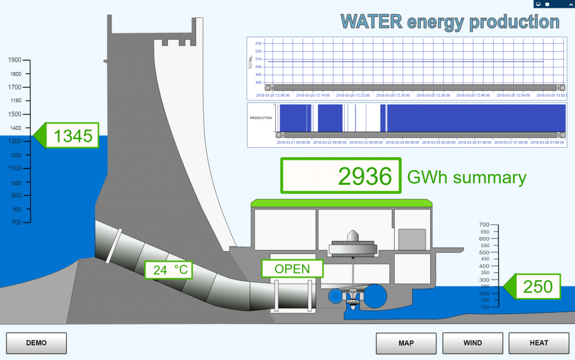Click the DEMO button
pyautogui.click(x=36, y=343)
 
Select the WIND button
pyautogui.click(x=472, y=343)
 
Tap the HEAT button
pyautogui.click(x=539, y=343)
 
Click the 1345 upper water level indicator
pyautogui.click(x=72, y=136)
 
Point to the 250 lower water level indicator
pyautogui.click(x=537, y=286)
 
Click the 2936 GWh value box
pyautogui.click(x=341, y=176)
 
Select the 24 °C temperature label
pyautogui.click(x=169, y=270)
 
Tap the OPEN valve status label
pyautogui.click(x=292, y=268)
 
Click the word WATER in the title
pyautogui.click(x=371, y=22)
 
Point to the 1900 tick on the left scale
pyautogui.click(x=15, y=60)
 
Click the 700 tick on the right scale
pyautogui.click(x=483, y=225)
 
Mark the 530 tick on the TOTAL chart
pyautogui.click(x=258, y=43)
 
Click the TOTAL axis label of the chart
pyautogui.click(x=251, y=63)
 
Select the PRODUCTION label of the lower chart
pyautogui.click(x=261, y=118)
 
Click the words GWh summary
pyautogui.click(x=467, y=177)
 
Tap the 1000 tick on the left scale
pyautogui.click(x=15, y=183)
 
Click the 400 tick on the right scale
pyautogui.click(x=483, y=266)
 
